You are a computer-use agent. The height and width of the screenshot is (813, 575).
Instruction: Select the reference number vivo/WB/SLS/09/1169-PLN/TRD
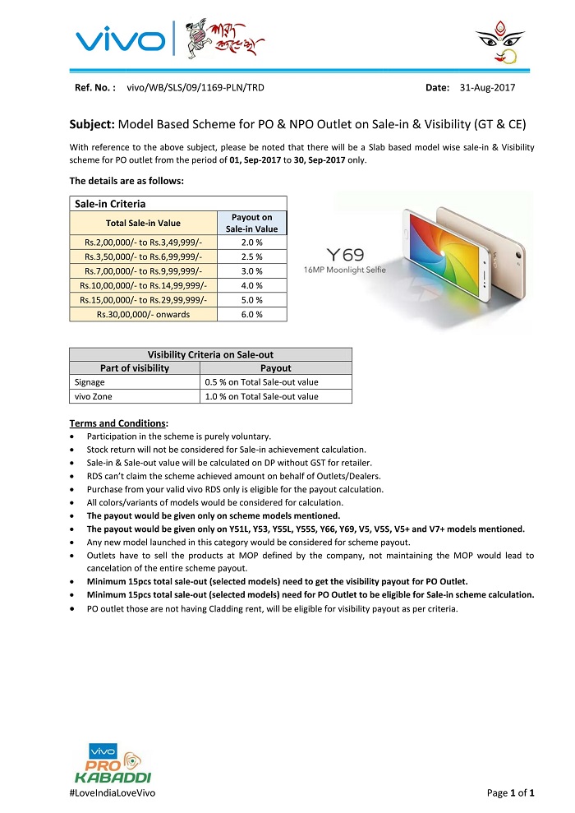click(195, 87)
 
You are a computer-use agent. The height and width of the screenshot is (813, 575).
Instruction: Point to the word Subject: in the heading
click(92, 125)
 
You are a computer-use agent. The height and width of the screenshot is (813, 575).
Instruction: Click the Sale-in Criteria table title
click(111, 203)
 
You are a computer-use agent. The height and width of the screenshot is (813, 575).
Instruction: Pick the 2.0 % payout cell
click(252, 243)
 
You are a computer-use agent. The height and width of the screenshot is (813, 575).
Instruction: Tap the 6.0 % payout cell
click(252, 314)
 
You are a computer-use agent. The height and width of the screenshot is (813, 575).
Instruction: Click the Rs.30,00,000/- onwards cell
click(144, 314)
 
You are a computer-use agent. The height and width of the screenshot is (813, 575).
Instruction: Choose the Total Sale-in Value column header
click(144, 223)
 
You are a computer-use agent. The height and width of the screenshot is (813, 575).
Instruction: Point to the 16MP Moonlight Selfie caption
click(344, 270)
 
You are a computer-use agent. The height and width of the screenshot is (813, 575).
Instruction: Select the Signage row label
click(90, 382)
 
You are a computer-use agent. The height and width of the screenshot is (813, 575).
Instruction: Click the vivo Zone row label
click(93, 396)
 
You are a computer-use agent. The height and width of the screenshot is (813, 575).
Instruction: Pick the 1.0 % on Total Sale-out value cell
click(261, 396)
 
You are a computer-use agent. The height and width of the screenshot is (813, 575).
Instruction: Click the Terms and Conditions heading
click(118, 423)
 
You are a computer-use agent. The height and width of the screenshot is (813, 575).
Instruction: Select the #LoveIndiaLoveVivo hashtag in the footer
click(113, 792)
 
